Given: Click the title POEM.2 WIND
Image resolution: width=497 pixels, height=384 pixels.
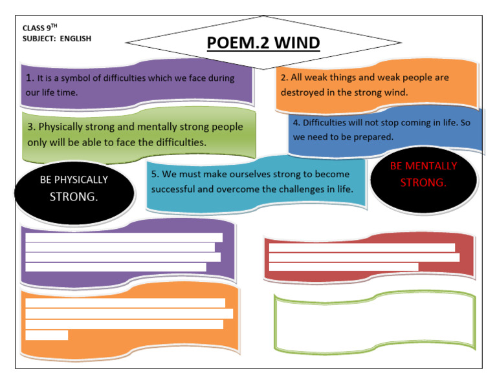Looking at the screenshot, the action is click(263, 43).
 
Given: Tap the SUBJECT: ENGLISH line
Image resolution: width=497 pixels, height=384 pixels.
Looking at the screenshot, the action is click(57, 39).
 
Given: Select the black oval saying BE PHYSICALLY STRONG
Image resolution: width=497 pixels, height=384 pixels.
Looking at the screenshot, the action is click(74, 188).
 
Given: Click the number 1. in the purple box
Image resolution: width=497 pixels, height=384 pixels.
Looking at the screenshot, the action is click(30, 78).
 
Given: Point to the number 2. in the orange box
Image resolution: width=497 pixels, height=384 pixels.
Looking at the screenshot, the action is click(284, 78).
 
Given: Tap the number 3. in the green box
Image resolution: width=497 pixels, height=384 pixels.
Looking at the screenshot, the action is click(30, 127).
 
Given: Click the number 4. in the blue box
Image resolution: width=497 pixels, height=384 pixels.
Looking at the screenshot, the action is click(296, 123).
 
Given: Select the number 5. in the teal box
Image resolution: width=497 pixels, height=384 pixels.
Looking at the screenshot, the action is click(155, 175).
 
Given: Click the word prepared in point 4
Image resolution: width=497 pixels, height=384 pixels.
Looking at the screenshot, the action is click(375, 137).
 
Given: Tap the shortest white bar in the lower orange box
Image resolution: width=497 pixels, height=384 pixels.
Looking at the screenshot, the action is click(47, 335).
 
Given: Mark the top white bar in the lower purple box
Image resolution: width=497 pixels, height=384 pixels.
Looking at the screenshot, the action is click(124, 237).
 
